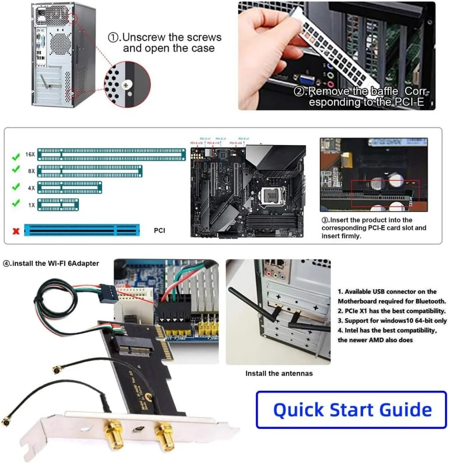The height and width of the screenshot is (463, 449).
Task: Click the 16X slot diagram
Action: (111, 154)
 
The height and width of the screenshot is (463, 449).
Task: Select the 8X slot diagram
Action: (90, 171)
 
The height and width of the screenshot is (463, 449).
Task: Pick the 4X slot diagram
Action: (70, 187)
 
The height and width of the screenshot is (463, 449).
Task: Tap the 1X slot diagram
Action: (58, 204)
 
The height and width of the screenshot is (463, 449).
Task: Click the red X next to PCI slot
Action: (16, 230)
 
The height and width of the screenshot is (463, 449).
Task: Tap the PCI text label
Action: (159, 230)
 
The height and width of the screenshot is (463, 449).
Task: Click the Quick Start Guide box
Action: (351, 410)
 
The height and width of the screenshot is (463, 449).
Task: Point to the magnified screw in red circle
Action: (127, 83)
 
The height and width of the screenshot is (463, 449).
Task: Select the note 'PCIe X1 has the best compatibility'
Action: (392, 311)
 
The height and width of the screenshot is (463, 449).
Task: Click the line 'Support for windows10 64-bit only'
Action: (392, 321)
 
